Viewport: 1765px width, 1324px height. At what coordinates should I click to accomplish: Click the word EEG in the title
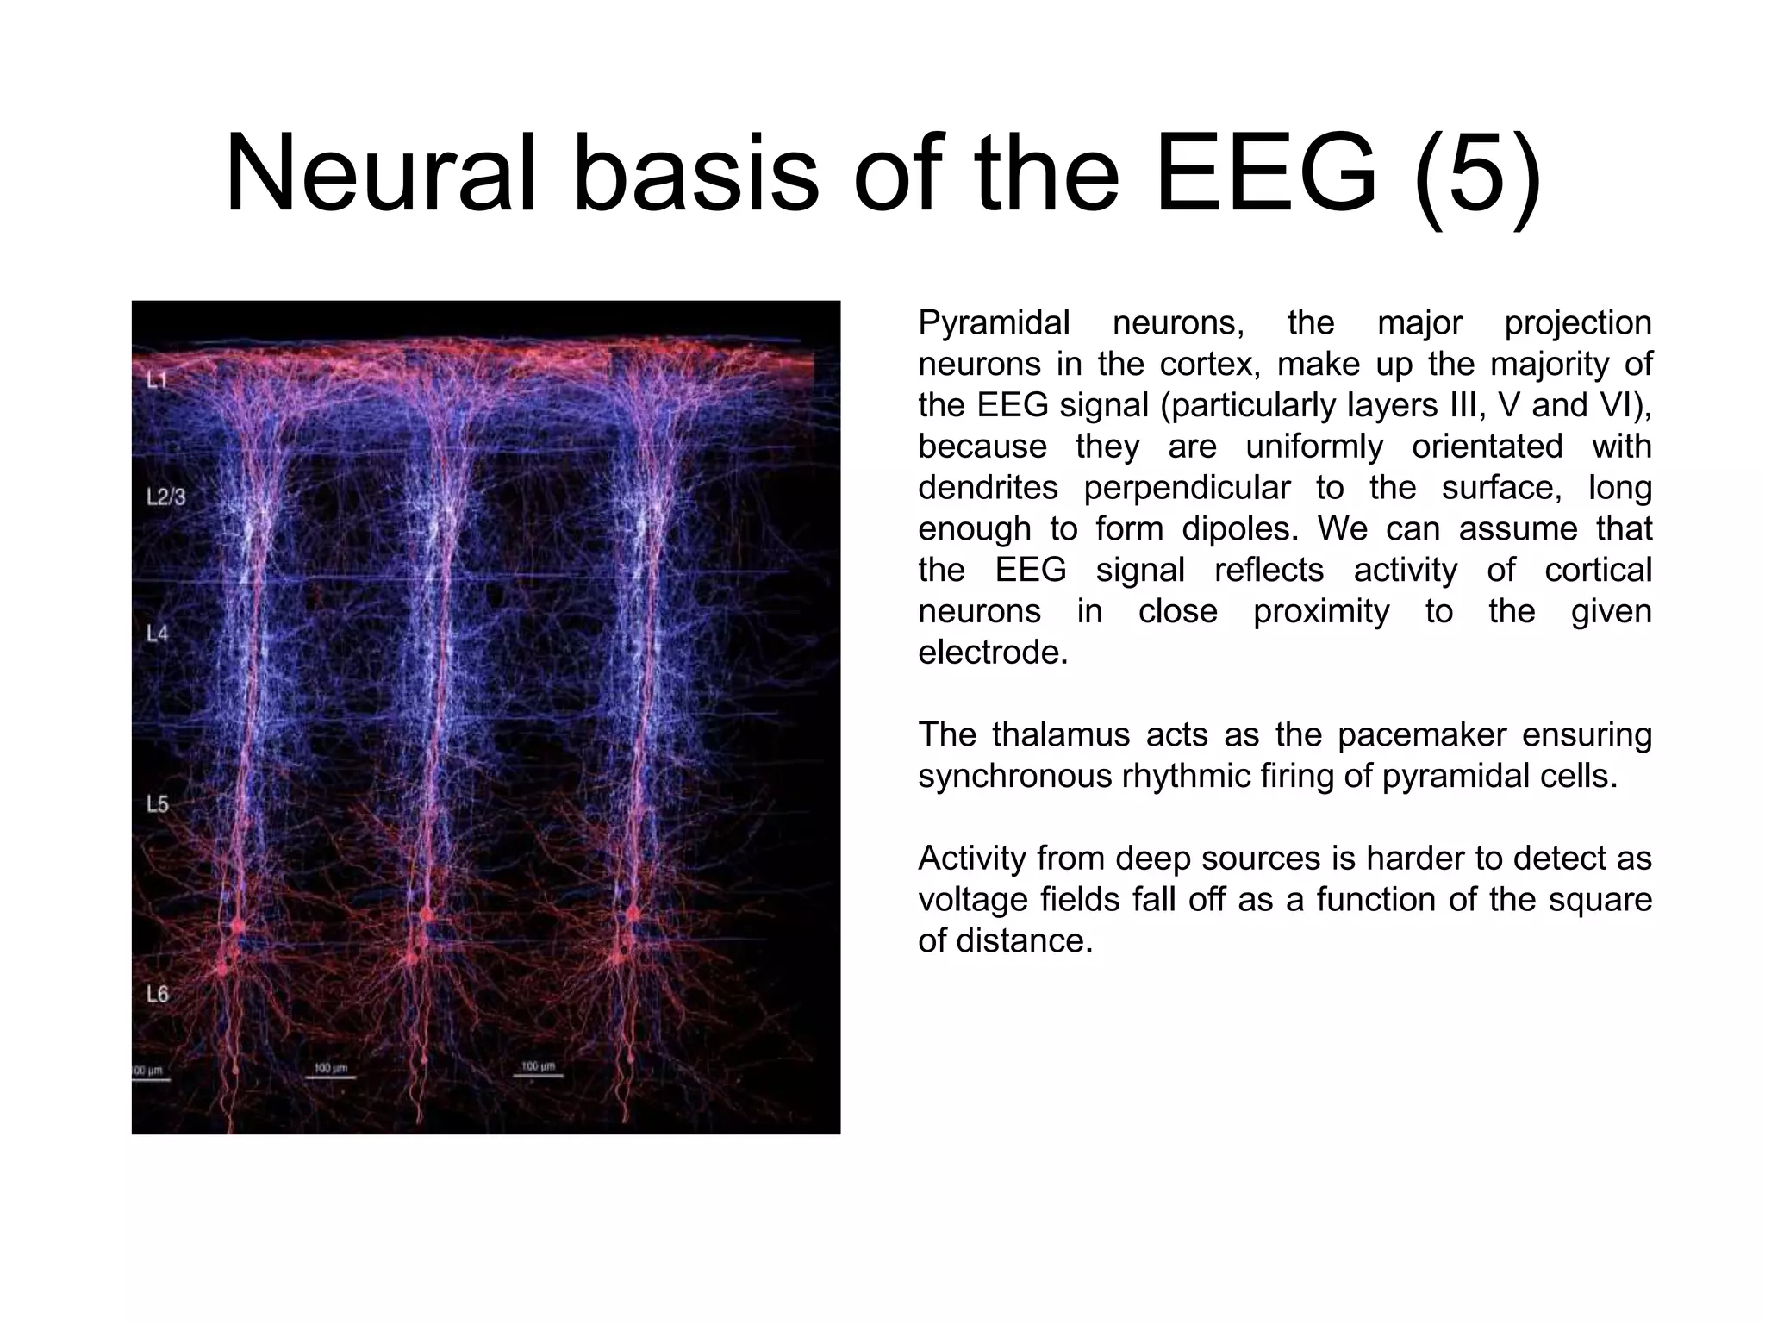(1264, 175)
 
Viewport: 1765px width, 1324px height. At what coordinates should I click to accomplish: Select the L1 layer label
(157, 380)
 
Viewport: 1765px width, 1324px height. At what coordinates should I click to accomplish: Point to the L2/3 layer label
(165, 497)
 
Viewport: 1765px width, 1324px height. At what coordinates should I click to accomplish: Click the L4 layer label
(157, 634)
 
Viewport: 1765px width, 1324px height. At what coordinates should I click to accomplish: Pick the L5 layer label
(157, 804)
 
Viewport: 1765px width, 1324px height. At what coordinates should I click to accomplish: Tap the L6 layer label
(157, 994)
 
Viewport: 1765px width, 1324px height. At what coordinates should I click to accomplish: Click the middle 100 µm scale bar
(330, 1071)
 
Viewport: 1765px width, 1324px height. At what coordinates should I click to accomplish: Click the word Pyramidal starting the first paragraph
(994, 324)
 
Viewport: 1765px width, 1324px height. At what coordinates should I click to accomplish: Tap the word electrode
(992, 653)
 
